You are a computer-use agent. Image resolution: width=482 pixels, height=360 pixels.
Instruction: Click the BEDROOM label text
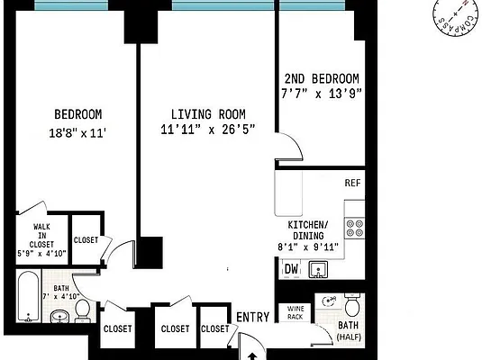tap(77, 114)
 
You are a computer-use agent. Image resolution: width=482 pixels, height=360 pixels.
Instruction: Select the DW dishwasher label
tap(291, 268)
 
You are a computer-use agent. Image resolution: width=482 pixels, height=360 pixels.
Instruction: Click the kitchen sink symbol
tap(316, 268)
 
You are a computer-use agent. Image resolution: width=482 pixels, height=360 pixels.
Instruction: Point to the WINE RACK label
tap(296, 311)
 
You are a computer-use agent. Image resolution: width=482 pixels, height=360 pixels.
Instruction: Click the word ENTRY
tap(253, 317)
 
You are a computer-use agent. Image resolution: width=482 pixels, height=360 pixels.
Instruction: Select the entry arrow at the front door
tap(251, 355)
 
